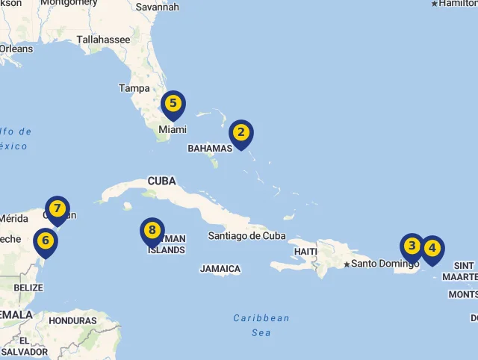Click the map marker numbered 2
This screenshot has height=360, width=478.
click(240, 134)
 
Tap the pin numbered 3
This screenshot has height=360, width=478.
click(412, 246)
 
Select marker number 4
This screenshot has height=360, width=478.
click(432, 248)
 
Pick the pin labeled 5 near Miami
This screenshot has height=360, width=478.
click(173, 104)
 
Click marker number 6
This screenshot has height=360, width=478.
click(46, 240)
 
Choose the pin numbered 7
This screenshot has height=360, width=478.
click(57, 208)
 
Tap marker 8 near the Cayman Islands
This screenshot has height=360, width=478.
click(152, 231)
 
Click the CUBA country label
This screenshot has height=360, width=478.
click(161, 181)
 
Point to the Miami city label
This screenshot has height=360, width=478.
click(172, 129)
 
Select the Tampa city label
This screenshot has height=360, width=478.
click(134, 88)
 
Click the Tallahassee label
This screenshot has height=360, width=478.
click(103, 40)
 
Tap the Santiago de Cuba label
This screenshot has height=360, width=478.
click(246, 236)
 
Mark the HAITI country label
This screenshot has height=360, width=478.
click(305, 252)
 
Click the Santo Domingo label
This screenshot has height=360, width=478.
click(385, 264)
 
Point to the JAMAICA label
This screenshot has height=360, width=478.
click(220, 269)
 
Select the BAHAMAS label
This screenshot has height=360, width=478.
click(210, 149)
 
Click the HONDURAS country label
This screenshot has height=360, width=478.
click(72, 320)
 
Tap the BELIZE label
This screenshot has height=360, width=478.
click(28, 288)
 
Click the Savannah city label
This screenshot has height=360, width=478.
click(158, 7)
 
